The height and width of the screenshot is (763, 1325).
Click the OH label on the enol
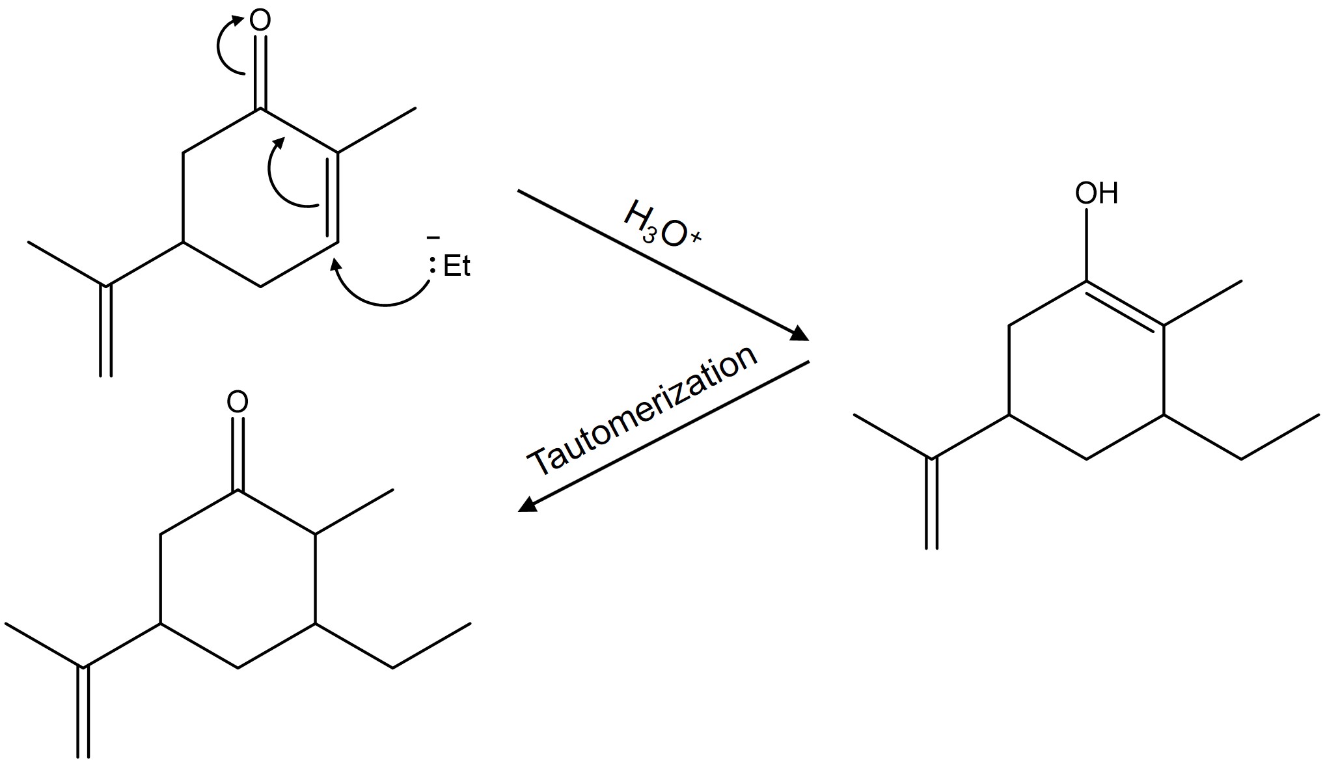tap(1096, 193)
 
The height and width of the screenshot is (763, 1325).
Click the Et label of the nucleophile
tap(456, 267)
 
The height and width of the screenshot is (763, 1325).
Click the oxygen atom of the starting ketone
tap(260, 21)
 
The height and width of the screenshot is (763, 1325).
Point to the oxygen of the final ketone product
tap(238, 402)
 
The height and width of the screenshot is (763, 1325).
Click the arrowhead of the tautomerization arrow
tap(526, 505)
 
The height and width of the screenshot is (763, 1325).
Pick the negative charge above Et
tap(431, 239)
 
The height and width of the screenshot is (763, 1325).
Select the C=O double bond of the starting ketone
tap(260, 72)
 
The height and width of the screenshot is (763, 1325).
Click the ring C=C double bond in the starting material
tap(332, 198)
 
